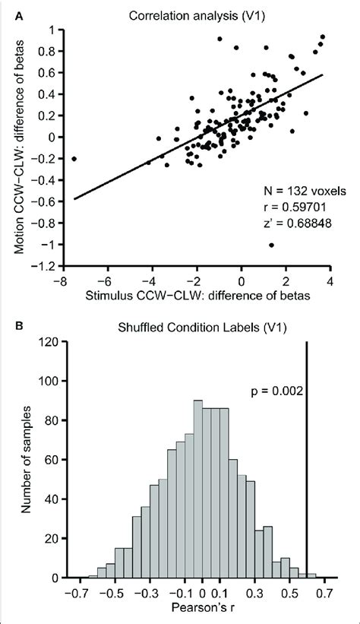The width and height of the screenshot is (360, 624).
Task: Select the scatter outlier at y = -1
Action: click(271, 245)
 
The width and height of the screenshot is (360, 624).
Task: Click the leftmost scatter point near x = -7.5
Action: click(74, 159)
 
